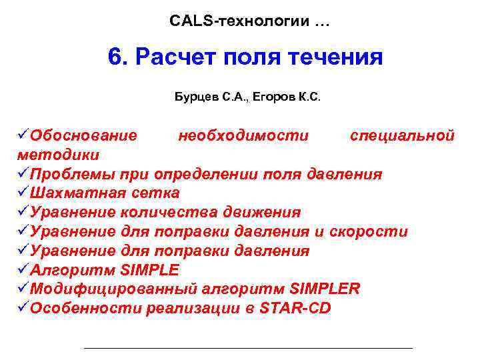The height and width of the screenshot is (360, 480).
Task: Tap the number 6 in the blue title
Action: click(116, 57)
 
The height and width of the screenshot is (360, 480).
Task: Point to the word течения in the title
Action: click(340, 57)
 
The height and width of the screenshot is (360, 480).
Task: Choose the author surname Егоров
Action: click(277, 97)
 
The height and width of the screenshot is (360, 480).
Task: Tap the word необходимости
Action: click(243, 136)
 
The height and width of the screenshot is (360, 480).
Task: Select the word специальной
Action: click(402, 136)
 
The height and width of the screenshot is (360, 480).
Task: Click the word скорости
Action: click(369, 232)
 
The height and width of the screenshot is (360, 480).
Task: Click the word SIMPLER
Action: click(325, 289)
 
